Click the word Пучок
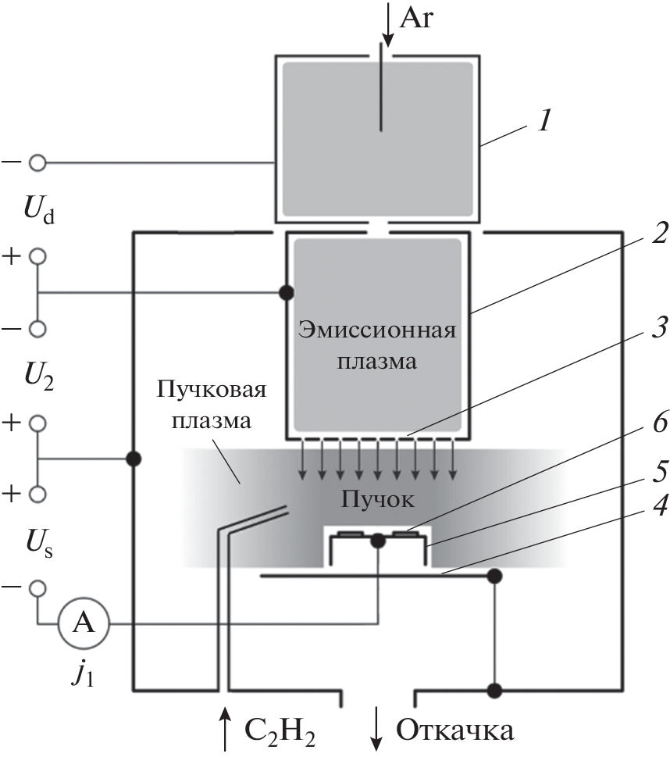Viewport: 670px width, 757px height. [x=377, y=476]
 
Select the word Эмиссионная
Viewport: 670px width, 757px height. [x=376, y=329]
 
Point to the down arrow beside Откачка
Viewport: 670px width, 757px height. [x=377, y=728]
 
